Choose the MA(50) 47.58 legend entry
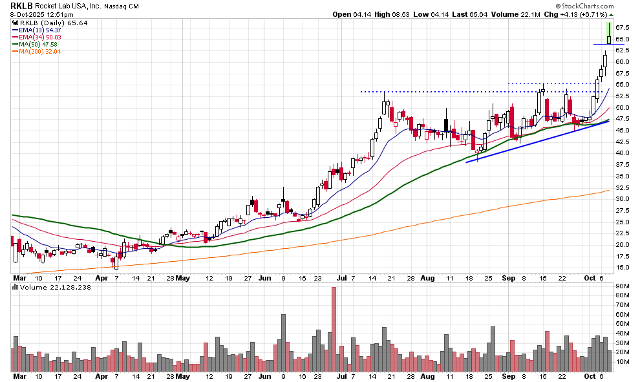pos(38,44)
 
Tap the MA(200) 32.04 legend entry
pos(40,51)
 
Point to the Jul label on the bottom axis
pos(343,376)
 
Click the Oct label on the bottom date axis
pos(590,376)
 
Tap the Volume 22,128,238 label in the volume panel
pos(51,286)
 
